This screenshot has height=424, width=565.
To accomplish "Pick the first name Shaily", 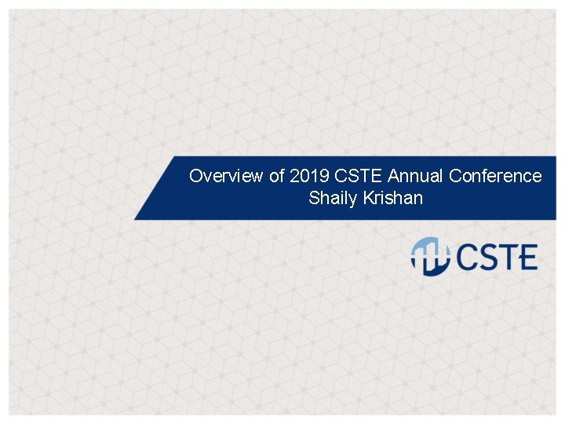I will (x=331, y=198).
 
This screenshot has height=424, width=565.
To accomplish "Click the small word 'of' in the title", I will (x=277, y=176).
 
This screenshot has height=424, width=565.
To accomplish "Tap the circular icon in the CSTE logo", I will (x=430, y=257).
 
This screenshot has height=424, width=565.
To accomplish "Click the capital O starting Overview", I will (x=196, y=176).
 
